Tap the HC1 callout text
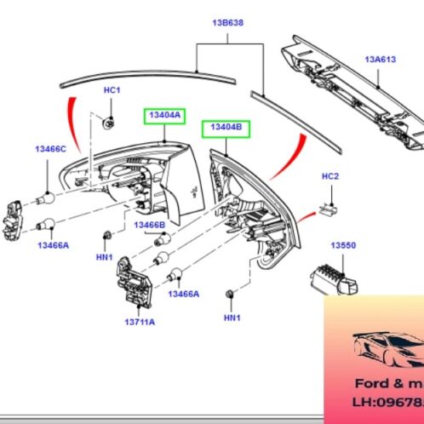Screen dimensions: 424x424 tap(112, 90)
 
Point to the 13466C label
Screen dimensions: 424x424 tap(50, 150)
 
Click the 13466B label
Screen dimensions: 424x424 tap(150, 225)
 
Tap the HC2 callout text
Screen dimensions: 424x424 tap(330, 176)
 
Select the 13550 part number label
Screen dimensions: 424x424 tap(343, 245)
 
